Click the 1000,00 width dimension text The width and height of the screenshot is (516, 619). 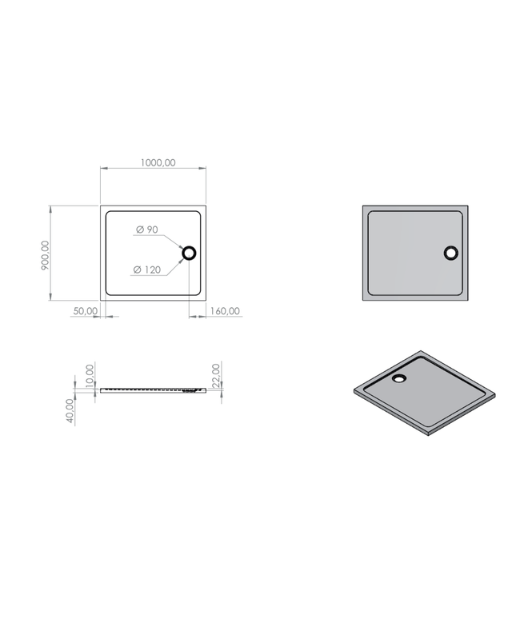(x=158, y=162)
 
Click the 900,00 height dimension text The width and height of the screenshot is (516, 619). (x=45, y=256)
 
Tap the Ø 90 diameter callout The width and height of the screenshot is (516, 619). (x=147, y=230)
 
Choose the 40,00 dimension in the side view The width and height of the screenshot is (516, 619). (x=70, y=412)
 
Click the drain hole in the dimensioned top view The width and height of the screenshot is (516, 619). (x=190, y=254)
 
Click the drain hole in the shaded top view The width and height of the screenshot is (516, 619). (x=451, y=254)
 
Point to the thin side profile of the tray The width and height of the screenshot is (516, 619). (x=152, y=390)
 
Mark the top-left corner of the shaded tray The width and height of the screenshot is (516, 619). (x=364, y=207)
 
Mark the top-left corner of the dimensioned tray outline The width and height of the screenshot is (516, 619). (x=102, y=207)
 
